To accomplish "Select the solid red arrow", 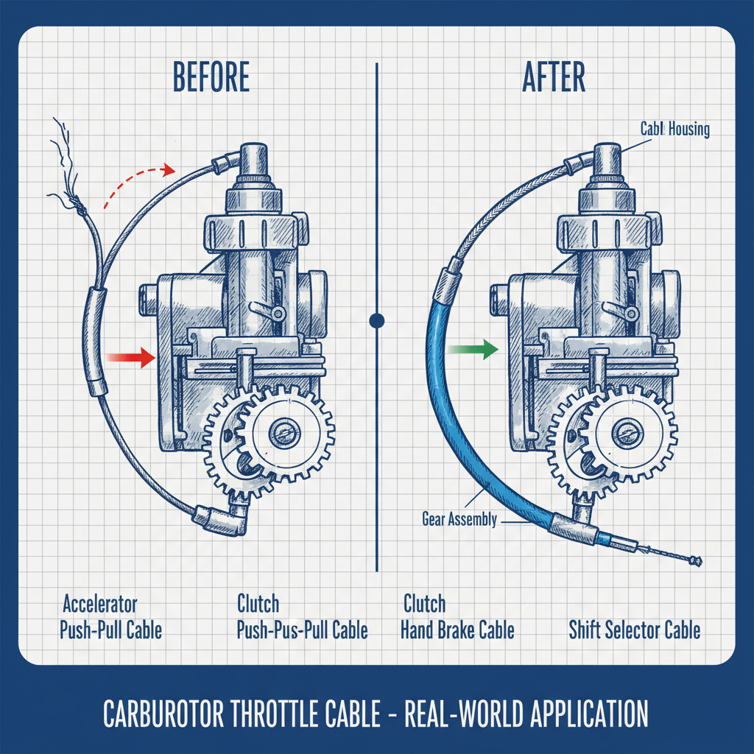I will [x=130, y=358].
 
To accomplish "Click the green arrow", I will [x=471, y=350].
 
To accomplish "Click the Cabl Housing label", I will [x=674, y=130].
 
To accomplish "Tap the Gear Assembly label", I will [x=459, y=519].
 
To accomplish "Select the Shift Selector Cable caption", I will [x=634, y=630].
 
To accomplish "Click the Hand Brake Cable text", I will [x=457, y=630].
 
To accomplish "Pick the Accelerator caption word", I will [x=99, y=605].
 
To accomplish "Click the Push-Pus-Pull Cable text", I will [x=302, y=630].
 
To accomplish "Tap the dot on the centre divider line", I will [x=377, y=320].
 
